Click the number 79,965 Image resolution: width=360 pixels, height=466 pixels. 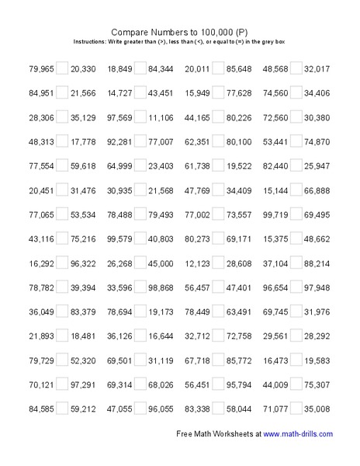pos(40,69)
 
